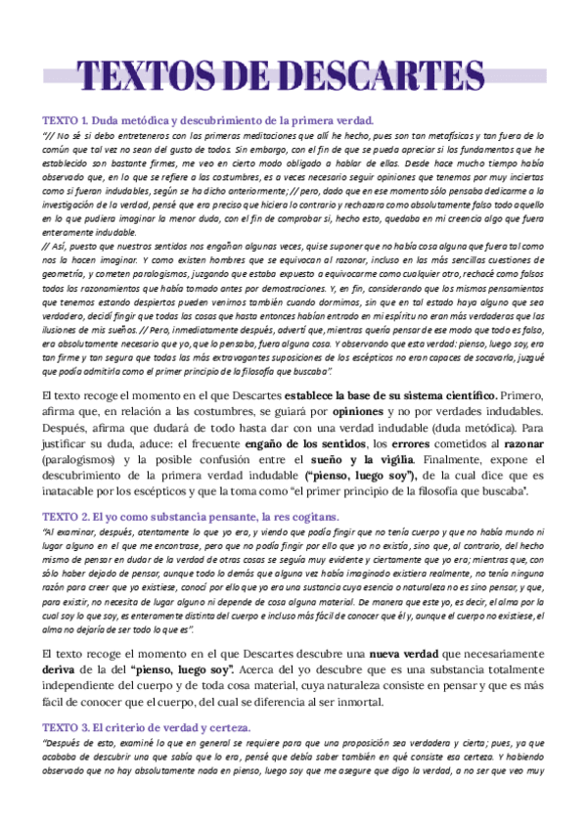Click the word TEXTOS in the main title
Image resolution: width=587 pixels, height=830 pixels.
click(144, 75)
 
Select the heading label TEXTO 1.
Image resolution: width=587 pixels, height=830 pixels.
click(64, 119)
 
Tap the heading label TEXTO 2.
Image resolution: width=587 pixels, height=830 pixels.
click(64, 515)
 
